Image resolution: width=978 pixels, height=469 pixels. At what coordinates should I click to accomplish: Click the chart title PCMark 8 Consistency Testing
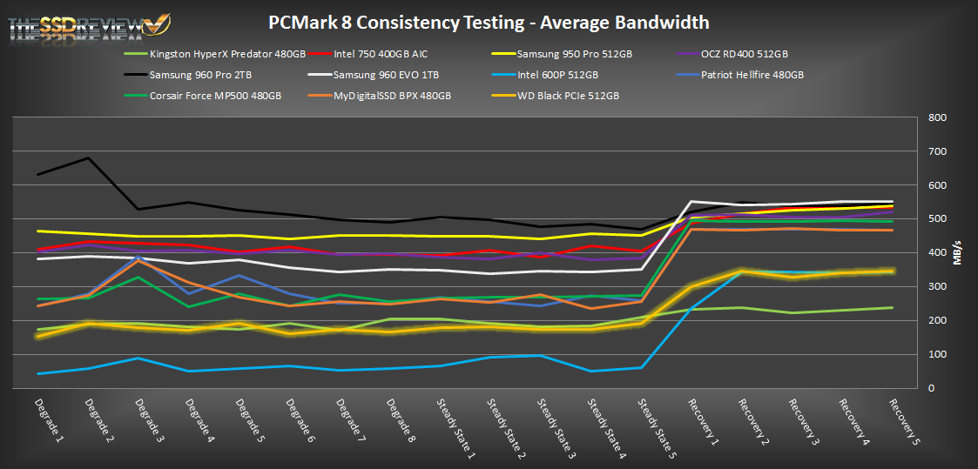[488, 22]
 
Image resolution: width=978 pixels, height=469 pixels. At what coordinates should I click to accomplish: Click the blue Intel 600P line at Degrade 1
[38, 373]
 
